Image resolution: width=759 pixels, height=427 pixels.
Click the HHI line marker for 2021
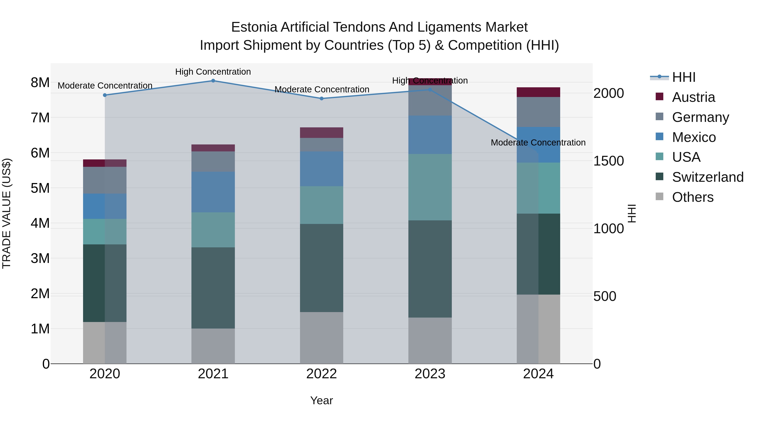(213, 81)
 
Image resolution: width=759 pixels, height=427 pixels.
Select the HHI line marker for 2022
(322, 98)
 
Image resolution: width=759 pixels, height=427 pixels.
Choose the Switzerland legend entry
(707, 177)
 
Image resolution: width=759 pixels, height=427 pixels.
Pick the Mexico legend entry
(694, 137)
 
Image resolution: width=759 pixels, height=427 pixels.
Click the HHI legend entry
(684, 77)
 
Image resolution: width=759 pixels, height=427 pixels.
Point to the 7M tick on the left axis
(40, 118)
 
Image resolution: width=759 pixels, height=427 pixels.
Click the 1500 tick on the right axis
(608, 161)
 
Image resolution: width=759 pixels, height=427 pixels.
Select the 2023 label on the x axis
(430, 374)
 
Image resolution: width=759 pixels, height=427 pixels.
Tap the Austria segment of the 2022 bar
(322, 133)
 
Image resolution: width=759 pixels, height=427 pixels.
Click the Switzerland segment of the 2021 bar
(213, 288)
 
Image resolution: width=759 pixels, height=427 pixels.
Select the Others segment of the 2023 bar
(430, 340)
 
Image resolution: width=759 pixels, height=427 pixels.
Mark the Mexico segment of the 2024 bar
(538, 145)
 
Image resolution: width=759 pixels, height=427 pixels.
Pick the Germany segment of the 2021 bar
(213, 162)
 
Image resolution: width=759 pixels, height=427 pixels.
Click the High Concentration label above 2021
(213, 72)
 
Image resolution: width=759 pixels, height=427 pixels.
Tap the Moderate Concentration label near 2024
(538, 143)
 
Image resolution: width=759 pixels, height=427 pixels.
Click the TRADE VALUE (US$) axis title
(7, 213)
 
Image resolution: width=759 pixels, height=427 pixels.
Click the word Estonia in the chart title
(254, 27)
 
